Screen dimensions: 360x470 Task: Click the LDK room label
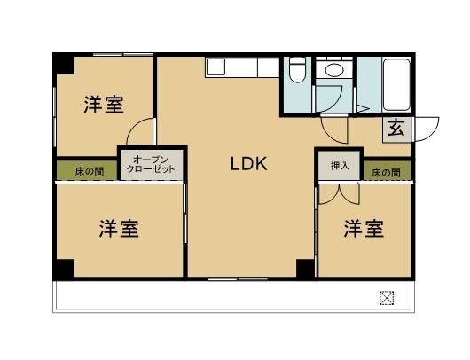[x=249, y=164]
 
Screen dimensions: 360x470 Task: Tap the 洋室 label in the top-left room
[x=104, y=105]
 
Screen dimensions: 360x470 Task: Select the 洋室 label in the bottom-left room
[x=118, y=228]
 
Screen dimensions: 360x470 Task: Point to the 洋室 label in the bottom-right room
[x=364, y=228]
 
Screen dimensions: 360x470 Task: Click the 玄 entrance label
[x=396, y=129]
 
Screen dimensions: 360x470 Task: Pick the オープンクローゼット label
[x=152, y=163]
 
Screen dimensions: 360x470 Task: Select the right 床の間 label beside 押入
[x=386, y=171]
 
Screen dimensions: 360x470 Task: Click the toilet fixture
[x=298, y=70]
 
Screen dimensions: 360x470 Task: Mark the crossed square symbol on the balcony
[x=387, y=297]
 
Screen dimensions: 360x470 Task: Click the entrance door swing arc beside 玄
[x=427, y=129]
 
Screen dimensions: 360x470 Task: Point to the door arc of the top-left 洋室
[x=136, y=133]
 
